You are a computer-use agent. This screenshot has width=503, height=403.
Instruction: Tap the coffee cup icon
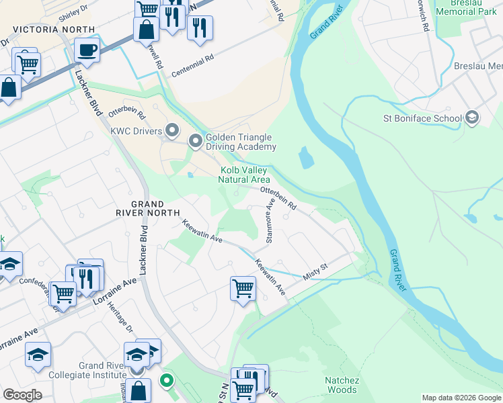pyautogui.click(x=87, y=49)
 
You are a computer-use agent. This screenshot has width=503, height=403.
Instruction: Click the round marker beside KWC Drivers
pyautogui.click(x=173, y=129)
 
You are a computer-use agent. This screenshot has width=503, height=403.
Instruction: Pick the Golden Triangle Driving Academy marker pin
pyautogui.click(x=196, y=141)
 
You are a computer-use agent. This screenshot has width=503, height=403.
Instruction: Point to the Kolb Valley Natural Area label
pyautogui.click(x=245, y=175)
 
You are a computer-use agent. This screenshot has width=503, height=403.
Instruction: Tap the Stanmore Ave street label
pyautogui.click(x=270, y=224)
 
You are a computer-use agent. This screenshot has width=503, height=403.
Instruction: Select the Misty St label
pyautogui.click(x=315, y=269)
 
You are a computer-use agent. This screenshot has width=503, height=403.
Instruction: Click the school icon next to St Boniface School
pyautogui.click(x=472, y=118)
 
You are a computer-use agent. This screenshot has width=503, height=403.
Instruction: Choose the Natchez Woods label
pyautogui.click(x=342, y=385)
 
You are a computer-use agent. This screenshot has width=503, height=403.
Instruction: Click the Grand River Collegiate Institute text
pyautogui.click(x=110, y=370)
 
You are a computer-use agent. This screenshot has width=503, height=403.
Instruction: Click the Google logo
pyautogui.click(x=22, y=395)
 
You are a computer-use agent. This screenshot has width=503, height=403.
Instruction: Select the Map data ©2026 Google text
pyautogui.click(x=461, y=398)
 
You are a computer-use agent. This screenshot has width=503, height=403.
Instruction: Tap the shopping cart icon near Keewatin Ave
pyautogui.click(x=242, y=289)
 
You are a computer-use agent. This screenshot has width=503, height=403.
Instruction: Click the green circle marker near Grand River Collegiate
pyautogui.click(x=165, y=381)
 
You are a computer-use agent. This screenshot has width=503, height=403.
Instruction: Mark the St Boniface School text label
pyautogui.click(x=422, y=119)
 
